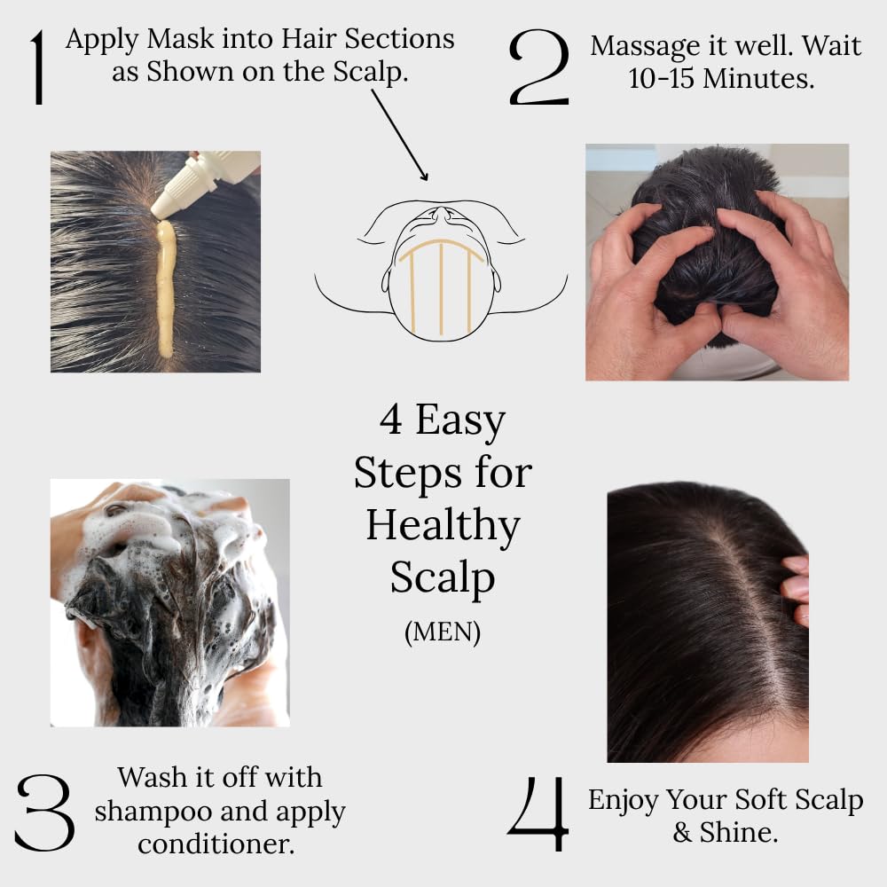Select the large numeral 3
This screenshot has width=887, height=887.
pos(44,812)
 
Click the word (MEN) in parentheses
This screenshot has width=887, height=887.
pos(442,633)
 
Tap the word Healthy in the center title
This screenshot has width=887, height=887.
pos(443,526)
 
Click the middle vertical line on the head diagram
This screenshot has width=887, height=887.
pos(441,275)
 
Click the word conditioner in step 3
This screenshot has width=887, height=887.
pos(216,844)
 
